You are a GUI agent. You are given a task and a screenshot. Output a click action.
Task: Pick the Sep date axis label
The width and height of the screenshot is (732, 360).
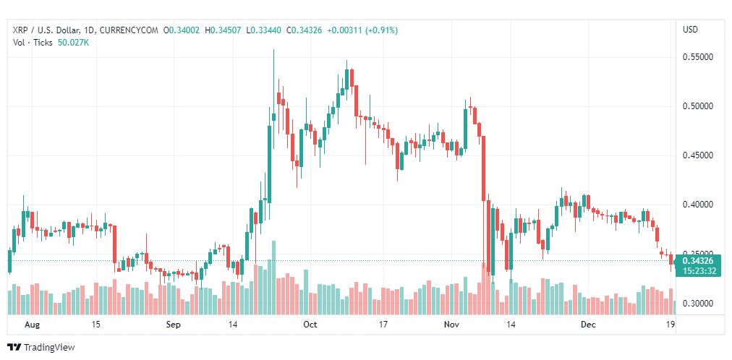tap(173, 325)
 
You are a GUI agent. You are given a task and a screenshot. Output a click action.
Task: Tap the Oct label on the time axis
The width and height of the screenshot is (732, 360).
tap(310, 325)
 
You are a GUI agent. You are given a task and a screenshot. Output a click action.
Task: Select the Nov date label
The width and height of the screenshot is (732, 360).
tap(451, 325)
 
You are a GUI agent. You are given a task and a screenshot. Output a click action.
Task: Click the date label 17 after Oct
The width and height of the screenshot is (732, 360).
tap(383, 325)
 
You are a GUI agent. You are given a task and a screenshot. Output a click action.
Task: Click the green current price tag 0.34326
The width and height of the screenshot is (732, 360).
tap(697, 261)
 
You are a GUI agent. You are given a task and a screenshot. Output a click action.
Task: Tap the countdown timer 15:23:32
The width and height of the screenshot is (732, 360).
tap(697, 270)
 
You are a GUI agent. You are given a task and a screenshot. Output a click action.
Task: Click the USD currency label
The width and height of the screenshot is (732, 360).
tap(691, 30)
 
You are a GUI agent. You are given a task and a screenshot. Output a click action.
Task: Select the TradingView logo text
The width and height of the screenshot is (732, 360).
tap(49, 348)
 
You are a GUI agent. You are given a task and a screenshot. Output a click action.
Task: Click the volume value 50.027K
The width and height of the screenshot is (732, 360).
tap(73, 43)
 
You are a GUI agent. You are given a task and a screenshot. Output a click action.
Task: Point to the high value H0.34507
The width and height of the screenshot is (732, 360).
tap(226, 31)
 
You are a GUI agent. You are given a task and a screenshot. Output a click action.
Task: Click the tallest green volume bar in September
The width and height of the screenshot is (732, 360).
tap(273, 278)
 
